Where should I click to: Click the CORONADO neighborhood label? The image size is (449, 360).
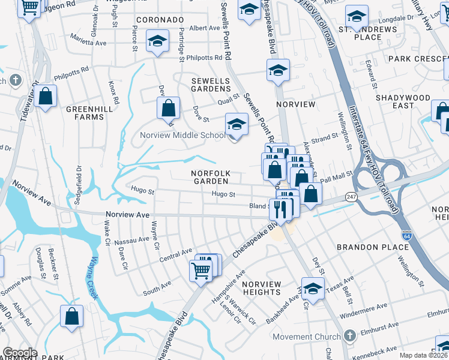[x=159, y=20]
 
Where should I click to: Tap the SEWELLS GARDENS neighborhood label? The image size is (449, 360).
[x=211, y=85]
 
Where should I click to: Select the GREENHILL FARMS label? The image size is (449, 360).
[x=85, y=113]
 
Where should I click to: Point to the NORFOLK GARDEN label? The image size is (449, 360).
[x=210, y=177]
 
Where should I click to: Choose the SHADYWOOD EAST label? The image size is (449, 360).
[x=403, y=101]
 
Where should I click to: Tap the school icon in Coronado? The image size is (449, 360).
[x=158, y=43]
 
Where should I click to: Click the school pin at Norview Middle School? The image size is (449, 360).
[x=237, y=125]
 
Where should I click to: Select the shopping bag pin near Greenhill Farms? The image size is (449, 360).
[x=45, y=96]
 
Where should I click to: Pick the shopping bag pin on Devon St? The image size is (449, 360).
[x=169, y=109]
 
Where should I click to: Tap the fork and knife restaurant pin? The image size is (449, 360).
[x=280, y=209]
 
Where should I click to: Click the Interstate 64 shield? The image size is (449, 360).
[x=407, y=236]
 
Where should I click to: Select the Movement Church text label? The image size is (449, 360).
[x=306, y=337]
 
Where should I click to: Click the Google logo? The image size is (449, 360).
[x=19, y=353]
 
